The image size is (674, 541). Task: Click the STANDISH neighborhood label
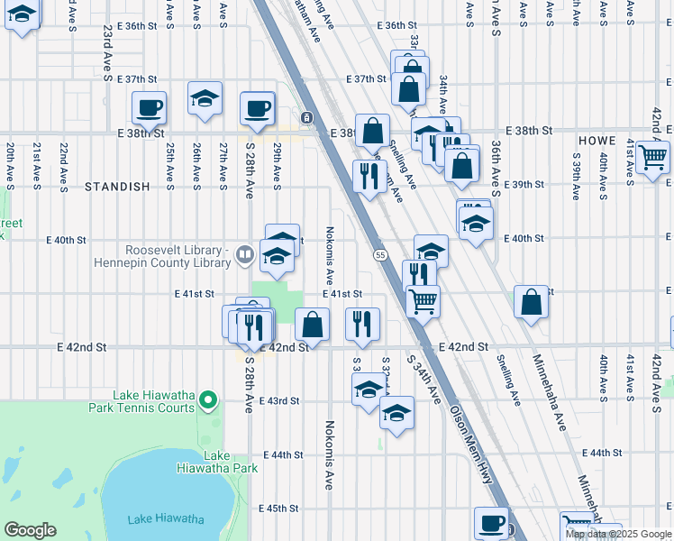coord(116,187)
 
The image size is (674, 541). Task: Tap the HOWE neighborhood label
coord(597,142)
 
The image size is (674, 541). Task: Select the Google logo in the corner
coord(31,530)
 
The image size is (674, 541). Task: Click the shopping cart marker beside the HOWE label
coord(652,157)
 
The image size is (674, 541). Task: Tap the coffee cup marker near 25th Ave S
coord(149,108)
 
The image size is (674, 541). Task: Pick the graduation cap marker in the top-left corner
coord(23,15)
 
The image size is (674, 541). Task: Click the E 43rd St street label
coord(278,400)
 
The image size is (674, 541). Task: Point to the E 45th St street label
coord(278,509)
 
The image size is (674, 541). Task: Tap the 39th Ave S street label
coord(576,168)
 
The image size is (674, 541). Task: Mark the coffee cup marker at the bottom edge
coord(492,523)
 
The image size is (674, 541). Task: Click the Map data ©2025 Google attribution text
coord(619,534)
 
